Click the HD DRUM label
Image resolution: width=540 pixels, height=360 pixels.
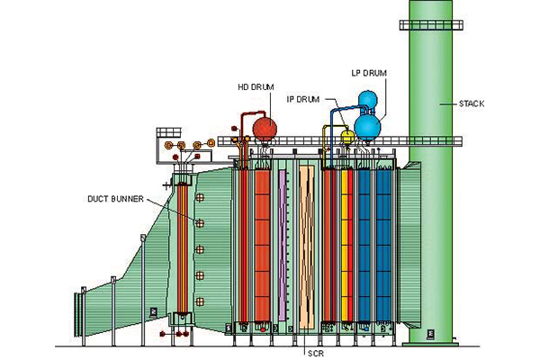tap(256, 87)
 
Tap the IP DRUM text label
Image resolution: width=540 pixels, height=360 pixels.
tap(303, 100)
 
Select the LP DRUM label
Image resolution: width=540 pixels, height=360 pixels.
tap(369, 73)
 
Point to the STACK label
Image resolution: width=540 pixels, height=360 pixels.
tap(472, 103)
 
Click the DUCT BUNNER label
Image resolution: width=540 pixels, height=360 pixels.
tap(115, 199)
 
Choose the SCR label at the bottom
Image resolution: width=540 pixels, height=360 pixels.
tap(316, 353)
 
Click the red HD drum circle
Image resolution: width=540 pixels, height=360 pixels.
tap(265, 129)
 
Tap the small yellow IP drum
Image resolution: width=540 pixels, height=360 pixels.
tap(347, 136)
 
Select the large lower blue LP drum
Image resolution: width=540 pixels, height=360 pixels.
tap(367, 127)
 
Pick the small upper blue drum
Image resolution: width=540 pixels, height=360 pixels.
tap(368, 100)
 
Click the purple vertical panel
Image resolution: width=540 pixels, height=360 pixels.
tap(283, 246)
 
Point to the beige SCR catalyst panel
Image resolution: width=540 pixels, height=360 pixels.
tap(307, 247)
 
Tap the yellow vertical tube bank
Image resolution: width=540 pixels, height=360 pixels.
tap(345, 246)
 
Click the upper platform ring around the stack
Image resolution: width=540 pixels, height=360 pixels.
tap(431, 25)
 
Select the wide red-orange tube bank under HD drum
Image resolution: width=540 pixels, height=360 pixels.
tap(263, 246)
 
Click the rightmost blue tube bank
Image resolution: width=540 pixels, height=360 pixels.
tap(383, 246)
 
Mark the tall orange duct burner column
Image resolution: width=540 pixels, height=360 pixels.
tap(182, 248)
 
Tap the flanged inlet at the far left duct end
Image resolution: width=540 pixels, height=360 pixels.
tap(79, 314)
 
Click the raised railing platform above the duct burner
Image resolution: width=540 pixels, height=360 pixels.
tap(169, 132)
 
